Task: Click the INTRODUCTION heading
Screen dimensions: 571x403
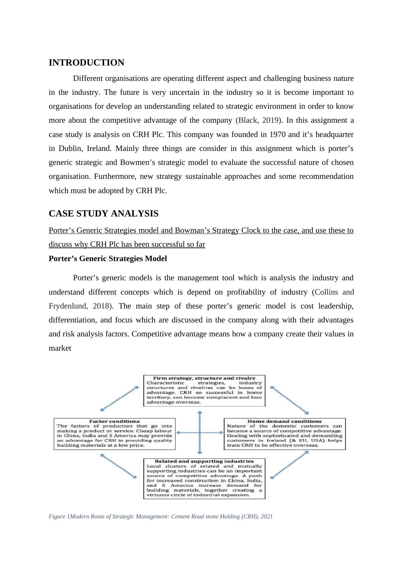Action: point(86,63)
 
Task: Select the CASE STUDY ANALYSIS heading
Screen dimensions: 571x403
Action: point(103,214)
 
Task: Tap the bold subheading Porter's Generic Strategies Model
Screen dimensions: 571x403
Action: point(108,259)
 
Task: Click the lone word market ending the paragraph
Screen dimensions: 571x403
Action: point(60,348)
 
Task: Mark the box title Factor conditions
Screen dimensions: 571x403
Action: point(114,421)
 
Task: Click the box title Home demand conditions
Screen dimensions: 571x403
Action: point(284,421)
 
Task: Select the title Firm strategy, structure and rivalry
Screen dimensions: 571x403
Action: point(204,378)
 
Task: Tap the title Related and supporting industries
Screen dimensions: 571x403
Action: point(204,461)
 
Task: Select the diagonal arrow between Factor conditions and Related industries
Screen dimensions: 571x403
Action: point(118,466)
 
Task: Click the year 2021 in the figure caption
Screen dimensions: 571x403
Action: point(266,517)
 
